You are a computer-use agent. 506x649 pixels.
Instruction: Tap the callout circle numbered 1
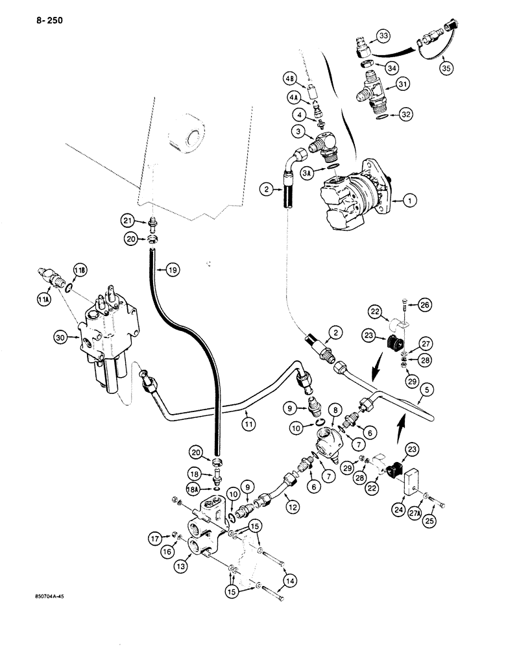[409, 202]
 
